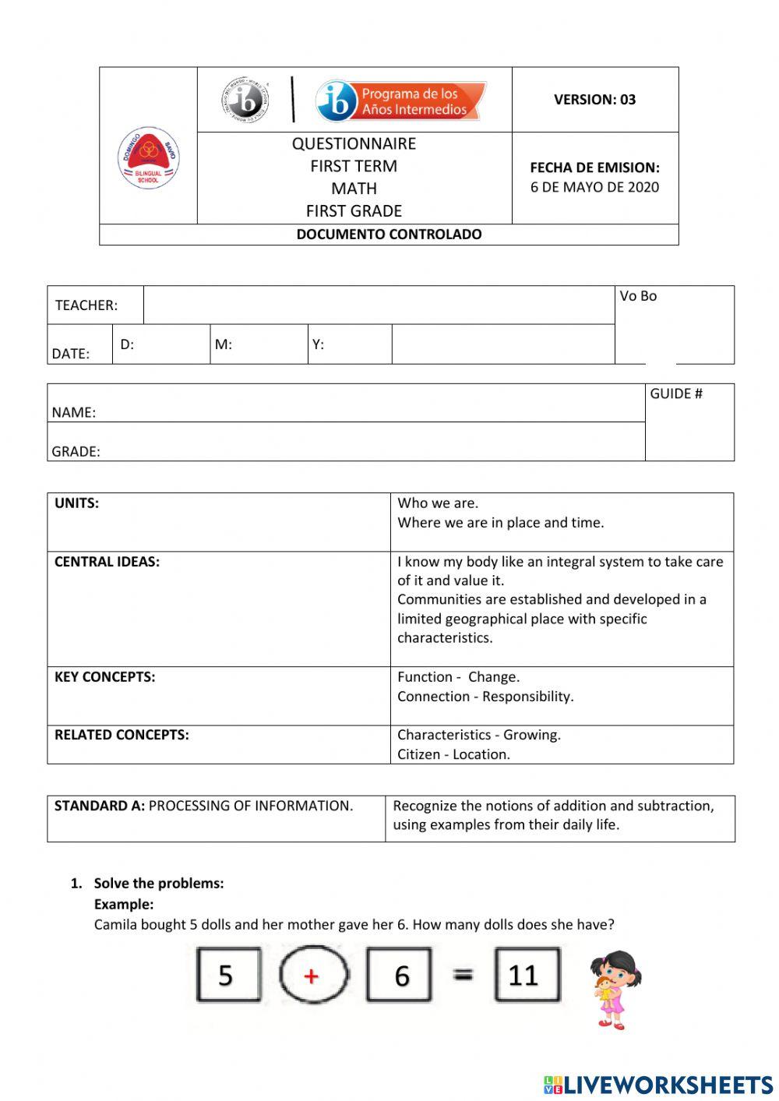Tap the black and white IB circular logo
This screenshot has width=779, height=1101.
pyautogui.click(x=245, y=100)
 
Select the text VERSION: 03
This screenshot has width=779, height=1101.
pyautogui.click(x=594, y=100)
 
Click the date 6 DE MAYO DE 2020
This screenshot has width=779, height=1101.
pyautogui.click(x=594, y=187)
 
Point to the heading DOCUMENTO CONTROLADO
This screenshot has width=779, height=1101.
pyautogui.click(x=389, y=235)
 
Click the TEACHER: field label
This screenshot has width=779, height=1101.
pyautogui.click(x=86, y=305)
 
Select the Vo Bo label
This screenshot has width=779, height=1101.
pyautogui.click(x=638, y=296)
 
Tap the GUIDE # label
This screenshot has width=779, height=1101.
pyautogui.click(x=676, y=394)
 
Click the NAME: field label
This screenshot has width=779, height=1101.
pyautogui.click(x=74, y=413)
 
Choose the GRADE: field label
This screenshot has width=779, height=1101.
pyautogui.click(x=76, y=452)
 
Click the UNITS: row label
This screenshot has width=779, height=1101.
pyautogui.click(x=76, y=503)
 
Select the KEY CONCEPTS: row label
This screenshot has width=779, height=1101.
pyautogui.click(x=104, y=677)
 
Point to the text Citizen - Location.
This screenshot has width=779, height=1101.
pyautogui.click(x=453, y=754)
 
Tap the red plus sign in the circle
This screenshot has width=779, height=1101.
pyautogui.click(x=312, y=976)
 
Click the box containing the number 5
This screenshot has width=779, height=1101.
pyautogui.click(x=227, y=975)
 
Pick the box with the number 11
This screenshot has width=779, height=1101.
pyautogui.click(x=527, y=975)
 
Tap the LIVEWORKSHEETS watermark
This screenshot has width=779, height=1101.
pyautogui.click(x=658, y=1085)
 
